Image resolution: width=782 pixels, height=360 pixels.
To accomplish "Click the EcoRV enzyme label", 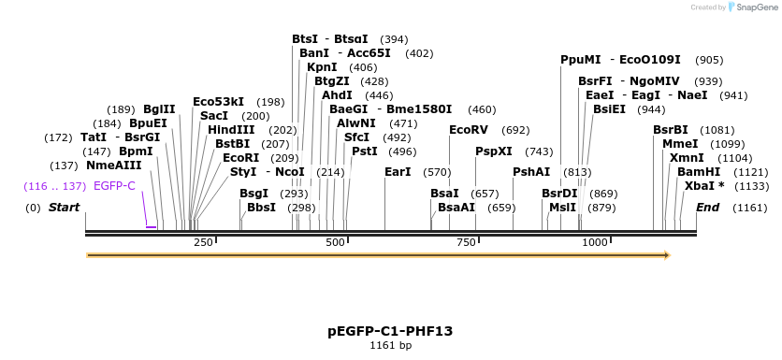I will (x=469, y=130).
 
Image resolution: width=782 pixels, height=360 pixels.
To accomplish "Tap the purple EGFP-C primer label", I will (x=114, y=186).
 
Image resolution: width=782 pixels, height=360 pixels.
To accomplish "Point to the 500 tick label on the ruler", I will (x=335, y=243).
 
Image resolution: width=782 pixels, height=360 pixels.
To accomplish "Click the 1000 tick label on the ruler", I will (x=596, y=243).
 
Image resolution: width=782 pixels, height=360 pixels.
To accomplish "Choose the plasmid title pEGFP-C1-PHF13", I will (x=390, y=331).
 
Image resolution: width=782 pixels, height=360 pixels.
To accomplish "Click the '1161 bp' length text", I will (x=390, y=346).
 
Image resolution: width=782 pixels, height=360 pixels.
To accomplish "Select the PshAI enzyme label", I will (x=531, y=172).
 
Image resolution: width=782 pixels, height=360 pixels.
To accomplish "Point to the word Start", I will (x=65, y=207).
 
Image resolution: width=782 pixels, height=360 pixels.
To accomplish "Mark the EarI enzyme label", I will (x=398, y=172).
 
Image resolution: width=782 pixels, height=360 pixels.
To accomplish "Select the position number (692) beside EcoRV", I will (x=515, y=130).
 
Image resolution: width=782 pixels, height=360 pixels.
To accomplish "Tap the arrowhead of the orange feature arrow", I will (x=666, y=254).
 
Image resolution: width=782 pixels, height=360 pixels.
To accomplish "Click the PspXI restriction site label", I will (x=494, y=151).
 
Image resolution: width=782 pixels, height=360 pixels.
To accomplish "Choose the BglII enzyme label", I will (x=159, y=109).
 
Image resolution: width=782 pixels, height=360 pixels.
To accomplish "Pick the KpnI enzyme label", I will (x=322, y=67).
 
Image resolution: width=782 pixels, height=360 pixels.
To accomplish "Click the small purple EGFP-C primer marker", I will (x=151, y=226).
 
